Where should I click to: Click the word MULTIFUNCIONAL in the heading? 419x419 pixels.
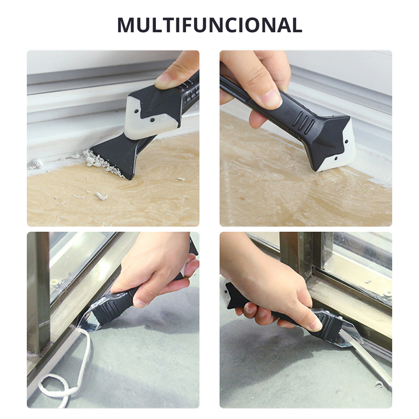tap(209, 25)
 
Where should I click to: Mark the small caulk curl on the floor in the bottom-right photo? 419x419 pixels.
tap(379, 384)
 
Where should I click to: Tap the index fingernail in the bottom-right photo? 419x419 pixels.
tap(318, 325)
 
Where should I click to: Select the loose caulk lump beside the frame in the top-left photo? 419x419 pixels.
tap(36, 163)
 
